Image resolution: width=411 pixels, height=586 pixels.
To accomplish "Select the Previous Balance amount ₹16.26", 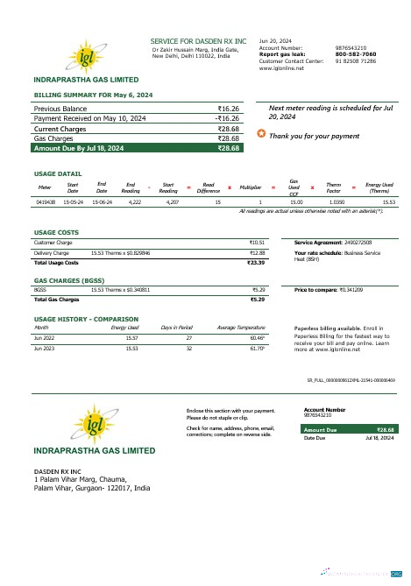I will pyautogui.click(x=228, y=108).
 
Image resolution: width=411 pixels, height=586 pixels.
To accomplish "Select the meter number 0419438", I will pyautogui.click(x=46, y=201).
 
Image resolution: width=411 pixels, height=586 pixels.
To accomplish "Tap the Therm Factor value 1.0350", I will pyautogui.click(x=332, y=201).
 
